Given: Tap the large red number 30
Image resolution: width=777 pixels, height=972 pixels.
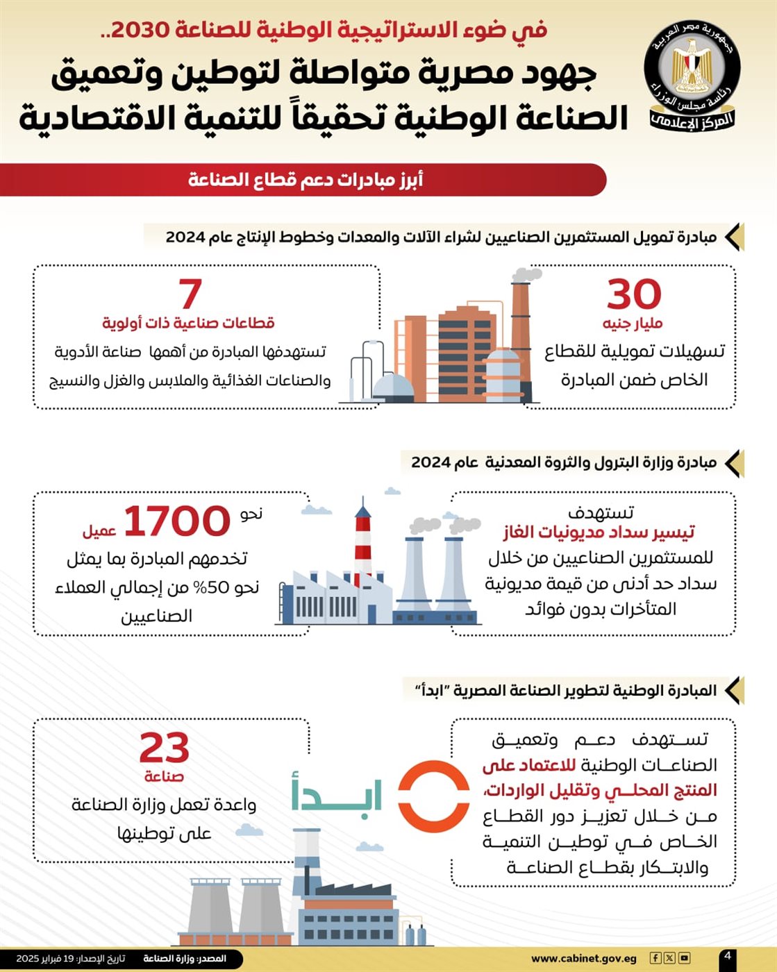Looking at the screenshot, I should [x=634, y=294].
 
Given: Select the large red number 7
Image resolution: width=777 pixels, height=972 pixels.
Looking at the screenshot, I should [x=190, y=294].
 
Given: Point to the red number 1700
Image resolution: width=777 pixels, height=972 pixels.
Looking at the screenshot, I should [x=176, y=521].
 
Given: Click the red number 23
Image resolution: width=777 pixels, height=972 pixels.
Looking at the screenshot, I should [x=164, y=748].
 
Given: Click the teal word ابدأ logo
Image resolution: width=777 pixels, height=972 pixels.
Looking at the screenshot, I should [x=337, y=793].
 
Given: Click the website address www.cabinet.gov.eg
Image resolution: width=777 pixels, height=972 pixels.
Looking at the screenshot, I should [x=583, y=959].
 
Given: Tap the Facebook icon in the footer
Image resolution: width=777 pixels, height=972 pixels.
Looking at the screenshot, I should [x=655, y=958].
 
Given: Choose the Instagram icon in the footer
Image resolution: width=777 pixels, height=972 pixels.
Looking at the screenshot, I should [x=684, y=958].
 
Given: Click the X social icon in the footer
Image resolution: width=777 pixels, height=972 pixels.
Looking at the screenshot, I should [x=669, y=958].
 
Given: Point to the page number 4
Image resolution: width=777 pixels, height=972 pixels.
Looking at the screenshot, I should [x=727, y=956].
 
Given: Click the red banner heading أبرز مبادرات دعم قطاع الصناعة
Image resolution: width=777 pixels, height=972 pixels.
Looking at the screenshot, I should [x=306, y=180].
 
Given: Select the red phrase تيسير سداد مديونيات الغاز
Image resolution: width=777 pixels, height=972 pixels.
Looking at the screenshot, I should [x=599, y=533].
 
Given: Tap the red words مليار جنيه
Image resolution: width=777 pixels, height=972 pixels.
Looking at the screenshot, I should [x=633, y=324].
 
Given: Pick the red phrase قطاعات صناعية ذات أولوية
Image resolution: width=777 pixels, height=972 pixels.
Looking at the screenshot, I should [x=188, y=323].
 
